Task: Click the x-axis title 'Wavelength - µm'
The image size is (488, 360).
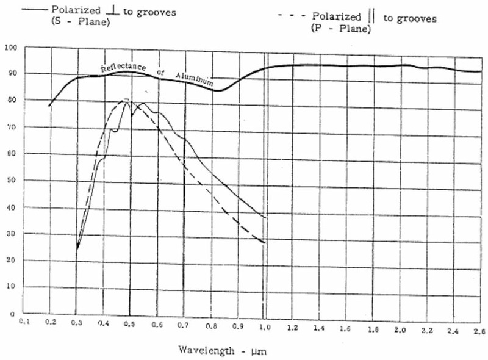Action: [x=222, y=351]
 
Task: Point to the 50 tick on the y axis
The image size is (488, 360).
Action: [x=10, y=182]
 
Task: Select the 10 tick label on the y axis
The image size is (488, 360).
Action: [x=10, y=287]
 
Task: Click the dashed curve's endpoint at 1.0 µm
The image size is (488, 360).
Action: [x=264, y=243]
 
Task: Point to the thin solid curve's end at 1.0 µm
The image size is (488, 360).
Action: [x=264, y=217]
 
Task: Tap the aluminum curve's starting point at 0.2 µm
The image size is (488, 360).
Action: [x=49, y=106]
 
